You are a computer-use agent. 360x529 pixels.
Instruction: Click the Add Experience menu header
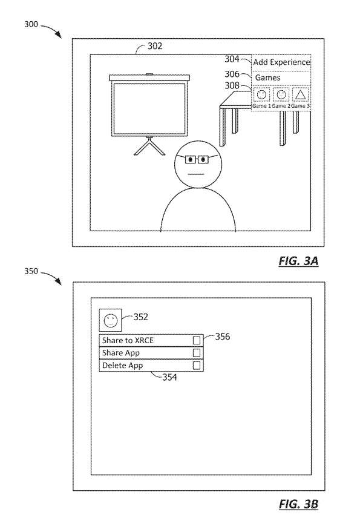281,62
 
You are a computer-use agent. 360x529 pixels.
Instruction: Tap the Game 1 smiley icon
261,95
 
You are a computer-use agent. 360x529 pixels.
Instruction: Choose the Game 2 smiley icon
281,95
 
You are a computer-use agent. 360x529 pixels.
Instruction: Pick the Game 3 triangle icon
300,95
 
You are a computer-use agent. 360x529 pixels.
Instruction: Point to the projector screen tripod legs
149,146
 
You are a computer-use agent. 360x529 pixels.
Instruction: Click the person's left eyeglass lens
191,159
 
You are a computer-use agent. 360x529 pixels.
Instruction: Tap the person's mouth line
195,174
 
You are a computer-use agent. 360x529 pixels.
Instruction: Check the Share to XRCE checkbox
197,340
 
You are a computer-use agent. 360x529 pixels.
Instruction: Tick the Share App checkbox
197,353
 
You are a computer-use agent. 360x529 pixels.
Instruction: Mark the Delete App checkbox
197,366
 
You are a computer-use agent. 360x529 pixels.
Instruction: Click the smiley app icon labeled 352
110,320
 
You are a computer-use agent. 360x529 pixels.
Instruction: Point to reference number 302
155,46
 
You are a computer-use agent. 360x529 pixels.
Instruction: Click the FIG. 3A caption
299,261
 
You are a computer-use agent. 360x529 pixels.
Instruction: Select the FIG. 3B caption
299,504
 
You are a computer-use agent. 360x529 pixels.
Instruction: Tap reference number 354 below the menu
169,377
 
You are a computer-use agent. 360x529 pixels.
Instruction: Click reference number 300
31,24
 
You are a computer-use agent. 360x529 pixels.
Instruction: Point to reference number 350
31,271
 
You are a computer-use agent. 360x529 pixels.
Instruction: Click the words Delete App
122,366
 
